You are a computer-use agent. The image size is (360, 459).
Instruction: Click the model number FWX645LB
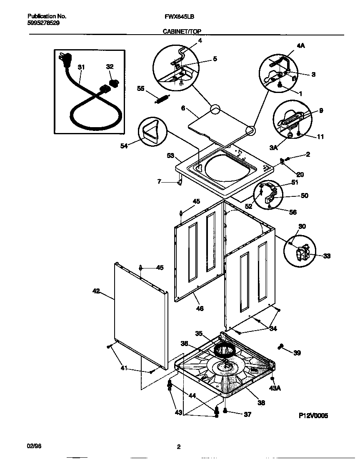[x=179, y=17]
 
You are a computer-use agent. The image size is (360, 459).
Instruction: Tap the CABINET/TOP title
[x=179, y=32]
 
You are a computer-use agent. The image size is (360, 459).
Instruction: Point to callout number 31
[x=81, y=67]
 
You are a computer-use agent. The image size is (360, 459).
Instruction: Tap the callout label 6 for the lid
[x=183, y=108]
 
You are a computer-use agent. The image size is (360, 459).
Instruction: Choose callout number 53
[x=170, y=156]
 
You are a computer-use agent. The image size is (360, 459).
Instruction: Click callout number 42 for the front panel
[x=96, y=291]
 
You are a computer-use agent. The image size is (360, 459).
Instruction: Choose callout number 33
[x=326, y=256]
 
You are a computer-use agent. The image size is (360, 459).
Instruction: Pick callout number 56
[x=293, y=212]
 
